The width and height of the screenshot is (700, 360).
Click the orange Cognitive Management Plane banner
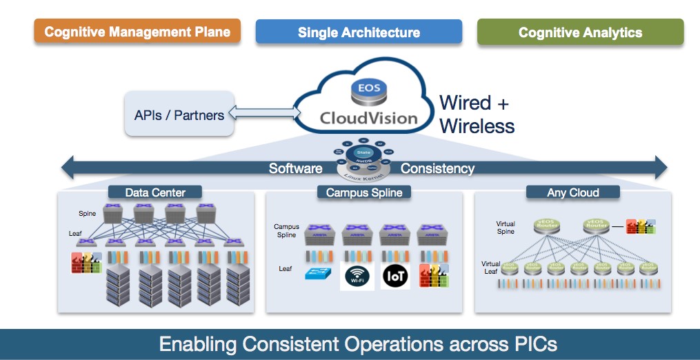(137, 32)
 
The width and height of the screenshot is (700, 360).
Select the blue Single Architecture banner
(359, 32)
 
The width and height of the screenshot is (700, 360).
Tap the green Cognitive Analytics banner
(580, 32)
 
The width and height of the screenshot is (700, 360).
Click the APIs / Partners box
(179, 115)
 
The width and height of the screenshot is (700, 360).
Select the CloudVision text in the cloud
(368, 118)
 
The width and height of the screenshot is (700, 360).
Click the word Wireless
(477, 126)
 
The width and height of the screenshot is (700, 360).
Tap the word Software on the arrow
(295, 168)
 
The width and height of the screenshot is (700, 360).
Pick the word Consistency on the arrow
(437, 168)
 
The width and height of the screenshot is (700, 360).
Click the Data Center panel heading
(154, 192)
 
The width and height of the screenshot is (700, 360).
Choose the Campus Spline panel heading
(363, 192)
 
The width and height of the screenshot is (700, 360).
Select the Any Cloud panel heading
(572, 192)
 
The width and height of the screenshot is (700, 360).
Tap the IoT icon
(396, 276)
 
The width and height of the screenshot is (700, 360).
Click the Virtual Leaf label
(490, 268)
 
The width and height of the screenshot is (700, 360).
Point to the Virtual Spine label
(506, 228)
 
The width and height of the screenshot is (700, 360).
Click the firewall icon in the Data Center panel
(86, 263)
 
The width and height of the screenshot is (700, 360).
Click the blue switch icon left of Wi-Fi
(319, 273)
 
